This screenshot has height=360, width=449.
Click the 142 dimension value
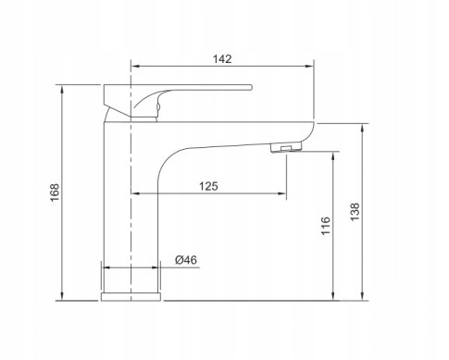pos(222,59)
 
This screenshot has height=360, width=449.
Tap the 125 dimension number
pos(208,186)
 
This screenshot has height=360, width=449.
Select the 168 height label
pos(55,192)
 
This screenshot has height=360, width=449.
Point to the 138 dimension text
pos(355,212)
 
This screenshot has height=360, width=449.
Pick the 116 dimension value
pos(326,226)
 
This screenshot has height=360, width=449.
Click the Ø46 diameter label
pos(186,260)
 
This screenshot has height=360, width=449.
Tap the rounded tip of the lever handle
pos(251,87)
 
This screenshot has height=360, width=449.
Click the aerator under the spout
pos(286,147)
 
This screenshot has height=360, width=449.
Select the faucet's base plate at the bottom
pos(131,297)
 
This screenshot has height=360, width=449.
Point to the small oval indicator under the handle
pos(158,107)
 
